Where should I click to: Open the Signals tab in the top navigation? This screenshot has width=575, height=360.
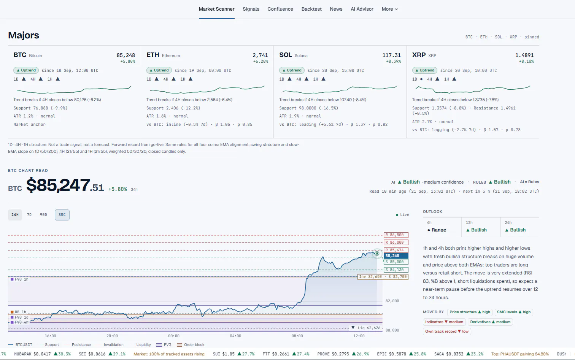pos(251,9)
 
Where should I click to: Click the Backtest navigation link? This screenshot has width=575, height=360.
pos(311,9)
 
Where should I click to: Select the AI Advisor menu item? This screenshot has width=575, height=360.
pos(362,9)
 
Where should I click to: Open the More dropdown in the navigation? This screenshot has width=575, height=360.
pos(390,9)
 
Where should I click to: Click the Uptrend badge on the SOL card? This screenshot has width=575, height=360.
pos(292,70)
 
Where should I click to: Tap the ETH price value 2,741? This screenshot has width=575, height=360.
pos(260,55)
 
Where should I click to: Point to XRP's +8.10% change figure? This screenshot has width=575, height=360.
pos(526,61)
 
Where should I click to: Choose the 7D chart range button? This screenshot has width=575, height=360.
pos(29,215)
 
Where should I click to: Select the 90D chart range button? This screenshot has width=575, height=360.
pos(43,215)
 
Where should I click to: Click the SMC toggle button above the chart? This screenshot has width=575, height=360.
pos(62,215)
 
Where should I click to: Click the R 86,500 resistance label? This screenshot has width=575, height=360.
pos(396,235)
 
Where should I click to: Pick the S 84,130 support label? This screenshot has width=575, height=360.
pos(396,270)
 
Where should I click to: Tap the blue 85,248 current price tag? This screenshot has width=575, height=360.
pos(396,256)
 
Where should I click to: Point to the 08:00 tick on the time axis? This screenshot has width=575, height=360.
pos(297,336)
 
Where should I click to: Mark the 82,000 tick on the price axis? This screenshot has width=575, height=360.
pos(392,301)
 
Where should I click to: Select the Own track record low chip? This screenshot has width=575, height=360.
pos(446,331)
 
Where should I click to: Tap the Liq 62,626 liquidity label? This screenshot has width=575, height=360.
pos(366,328)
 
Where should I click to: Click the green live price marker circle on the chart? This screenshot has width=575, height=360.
pos(377,254)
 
